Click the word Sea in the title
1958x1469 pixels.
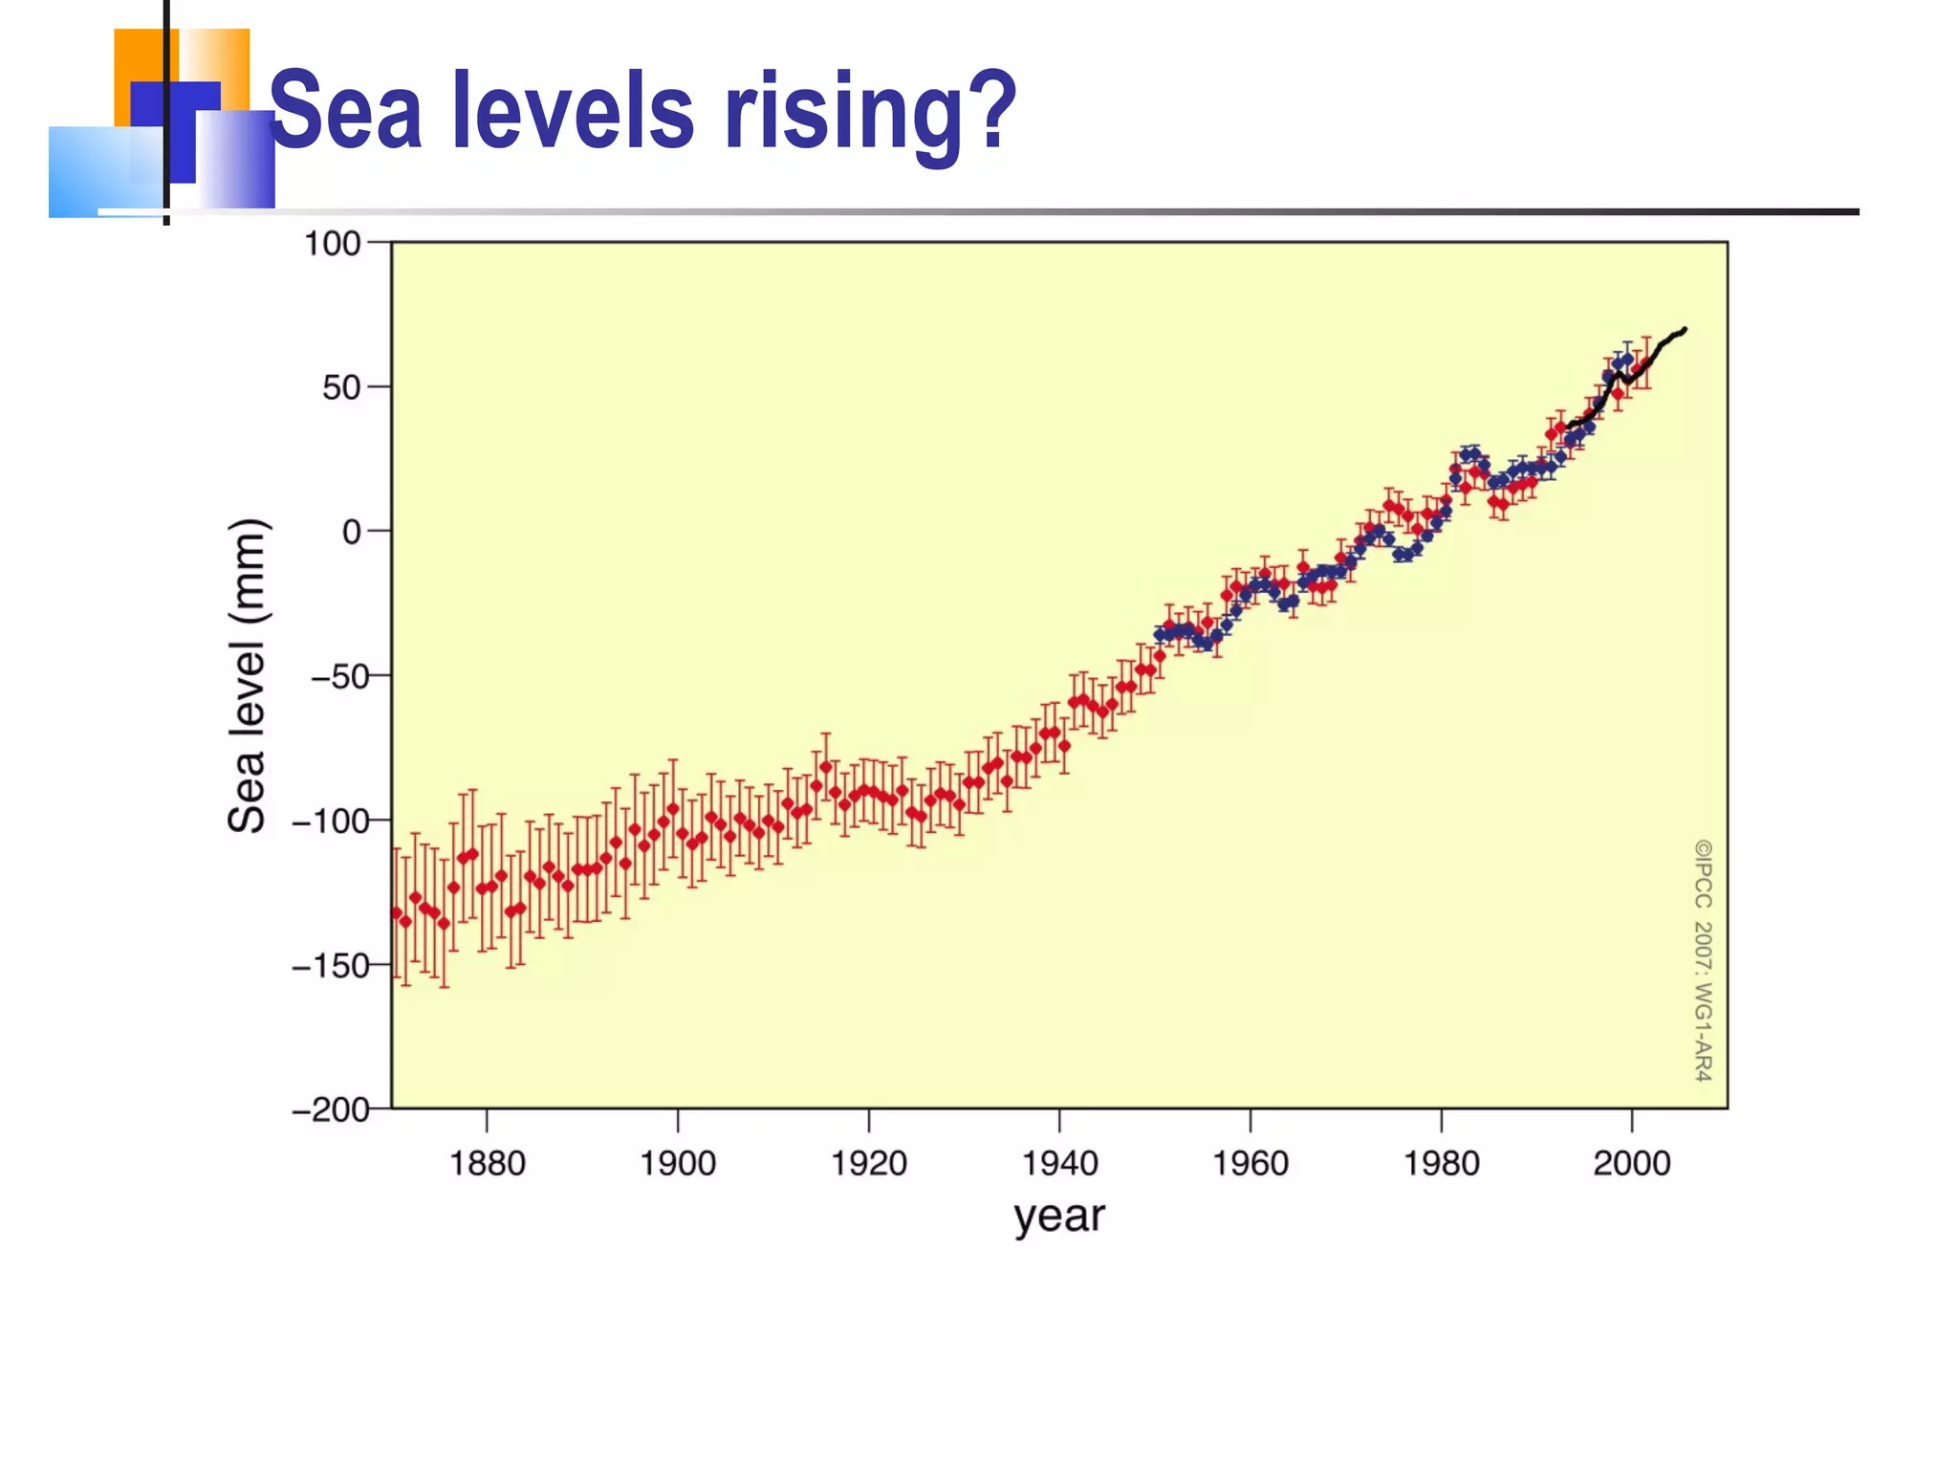pos(347,112)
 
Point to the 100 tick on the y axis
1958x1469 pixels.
pos(332,244)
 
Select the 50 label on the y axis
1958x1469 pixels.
pos(341,388)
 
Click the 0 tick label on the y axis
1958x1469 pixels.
pos(352,532)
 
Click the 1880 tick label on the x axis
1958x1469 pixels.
pos(487,1164)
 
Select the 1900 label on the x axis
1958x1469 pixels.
pos(677,1164)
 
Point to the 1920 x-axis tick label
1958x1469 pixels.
pos(868,1164)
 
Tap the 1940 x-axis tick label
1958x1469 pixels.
pos(1059,1164)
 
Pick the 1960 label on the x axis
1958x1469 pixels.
pos(1251,1164)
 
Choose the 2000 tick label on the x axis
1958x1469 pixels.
pos(1632,1164)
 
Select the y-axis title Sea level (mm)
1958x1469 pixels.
pos(248,675)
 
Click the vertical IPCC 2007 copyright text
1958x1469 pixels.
pos(1704,960)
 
